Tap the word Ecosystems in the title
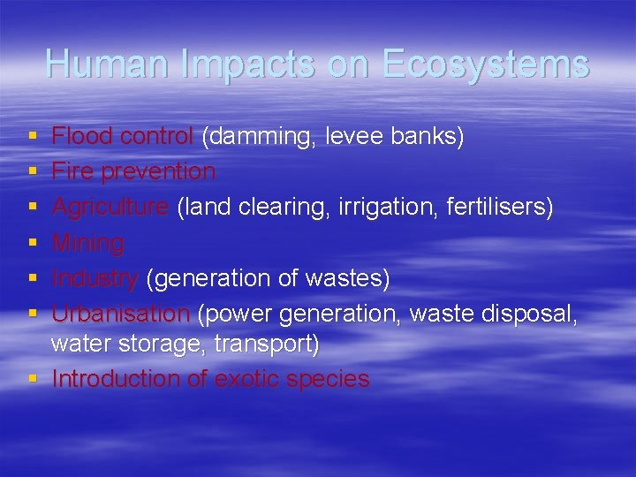coord(485,64)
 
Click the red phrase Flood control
coord(123,137)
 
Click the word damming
coord(261,137)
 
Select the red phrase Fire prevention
coord(133,171)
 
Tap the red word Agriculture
coord(110,207)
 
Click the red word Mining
coord(88,243)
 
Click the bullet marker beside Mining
coord(33,243)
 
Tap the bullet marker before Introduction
coord(33,379)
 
